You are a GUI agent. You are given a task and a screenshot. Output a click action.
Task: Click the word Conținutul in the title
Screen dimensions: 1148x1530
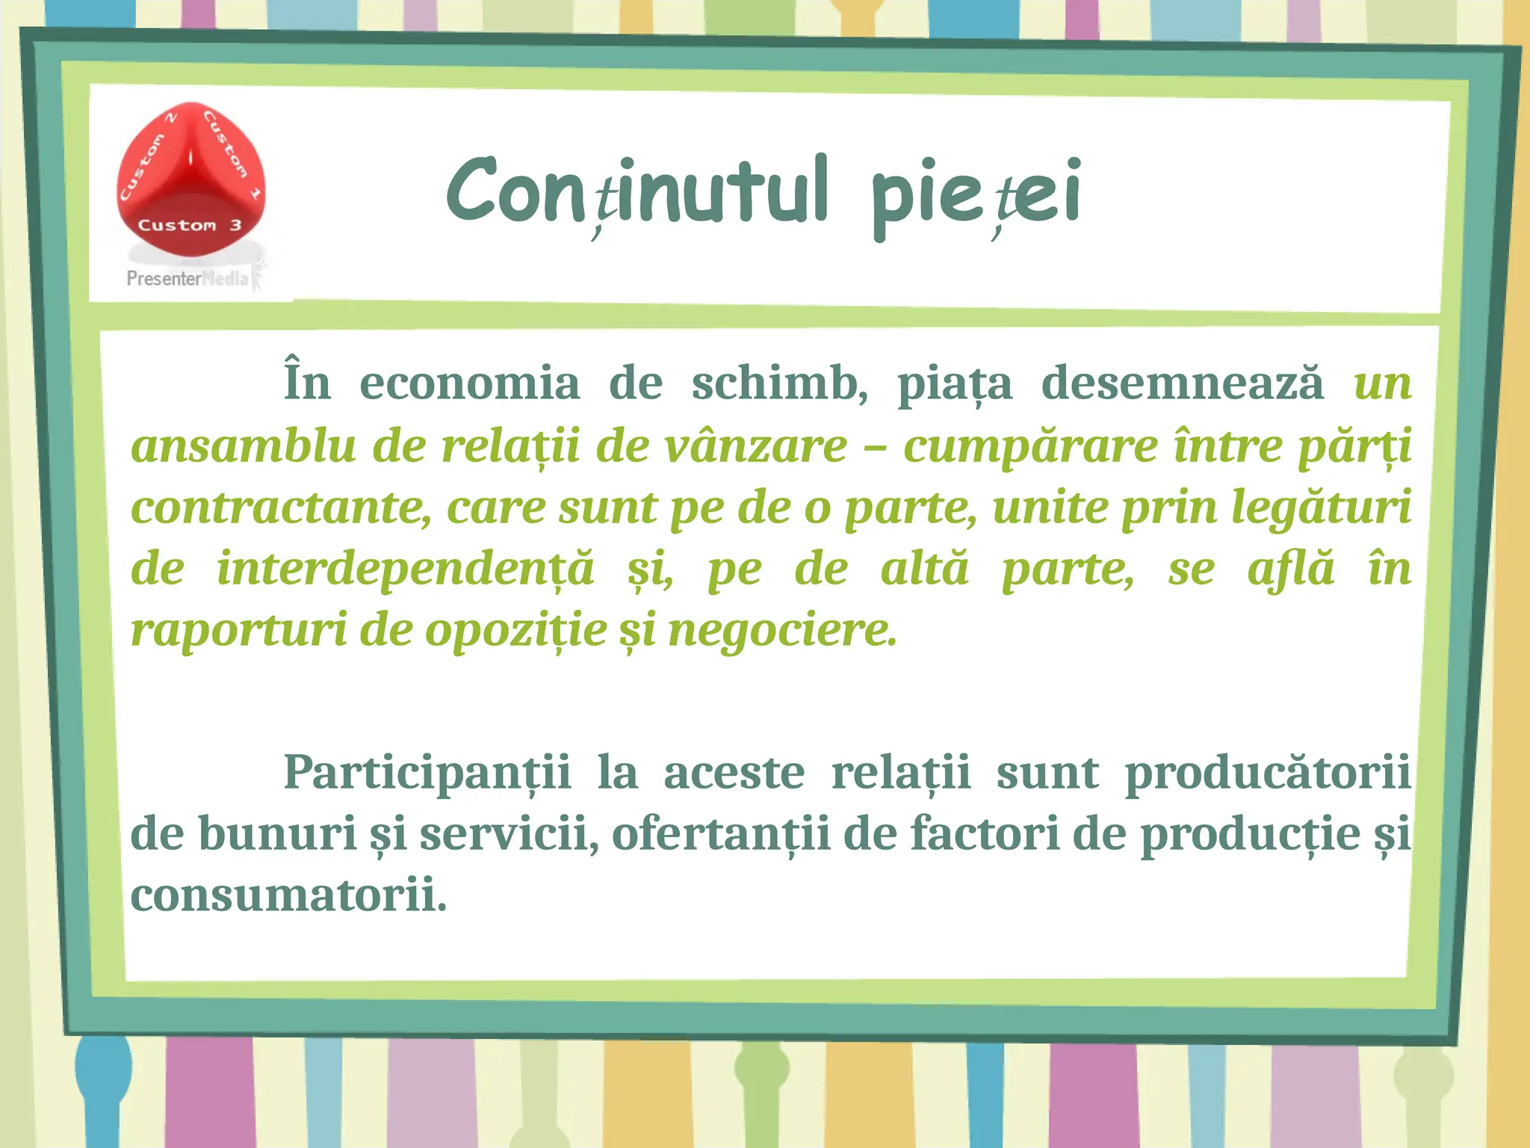click(x=637, y=191)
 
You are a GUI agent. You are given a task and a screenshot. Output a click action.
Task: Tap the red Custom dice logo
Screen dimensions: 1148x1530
click(x=191, y=179)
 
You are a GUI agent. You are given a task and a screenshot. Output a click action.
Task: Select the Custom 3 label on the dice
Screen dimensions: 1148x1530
click(x=190, y=225)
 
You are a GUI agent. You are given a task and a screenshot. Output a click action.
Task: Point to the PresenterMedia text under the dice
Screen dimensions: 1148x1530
click(x=187, y=279)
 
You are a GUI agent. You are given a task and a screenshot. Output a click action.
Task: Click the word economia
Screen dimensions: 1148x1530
click(x=469, y=383)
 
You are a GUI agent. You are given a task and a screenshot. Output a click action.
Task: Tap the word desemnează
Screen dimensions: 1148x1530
click(x=1182, y=383)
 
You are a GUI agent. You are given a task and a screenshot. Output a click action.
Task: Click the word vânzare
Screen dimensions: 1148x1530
click(x=755, y=446)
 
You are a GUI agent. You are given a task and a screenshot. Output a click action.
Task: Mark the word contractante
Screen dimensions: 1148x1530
click(x=281, y=508)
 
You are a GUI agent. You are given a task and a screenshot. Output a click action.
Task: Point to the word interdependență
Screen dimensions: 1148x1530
click(x=406, y=570)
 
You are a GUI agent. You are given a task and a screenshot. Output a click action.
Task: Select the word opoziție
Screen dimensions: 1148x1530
click(x=516, y=631)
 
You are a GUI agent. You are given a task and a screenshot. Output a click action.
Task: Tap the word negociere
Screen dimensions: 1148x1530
click(x=781, y=631)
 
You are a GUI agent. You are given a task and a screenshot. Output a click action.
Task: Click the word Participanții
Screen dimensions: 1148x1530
click(x=427, y=772)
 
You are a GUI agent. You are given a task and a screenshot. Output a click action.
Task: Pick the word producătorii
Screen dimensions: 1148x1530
click(x=1268, y=772)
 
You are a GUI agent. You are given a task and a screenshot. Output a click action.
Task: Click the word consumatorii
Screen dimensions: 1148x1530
click(x=288, y=895)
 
